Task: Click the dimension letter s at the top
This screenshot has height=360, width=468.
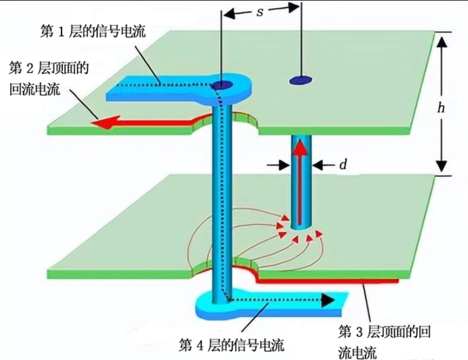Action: pos(260,11)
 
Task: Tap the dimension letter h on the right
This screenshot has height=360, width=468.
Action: pos(441,108)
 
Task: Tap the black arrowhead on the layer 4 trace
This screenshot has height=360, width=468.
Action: pos(327,300)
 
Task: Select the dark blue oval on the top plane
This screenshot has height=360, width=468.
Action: pos(301,80)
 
